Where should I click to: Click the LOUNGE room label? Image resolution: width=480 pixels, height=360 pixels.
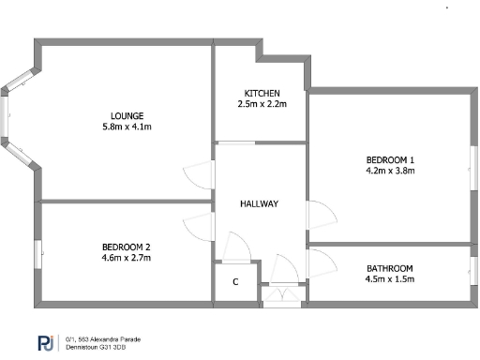tap(122, 115)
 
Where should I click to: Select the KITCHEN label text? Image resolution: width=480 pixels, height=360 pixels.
tap(262, 94)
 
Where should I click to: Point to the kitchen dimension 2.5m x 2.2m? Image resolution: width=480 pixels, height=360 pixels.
tap(262, 104)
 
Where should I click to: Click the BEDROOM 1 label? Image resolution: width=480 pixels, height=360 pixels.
tap(390, 160)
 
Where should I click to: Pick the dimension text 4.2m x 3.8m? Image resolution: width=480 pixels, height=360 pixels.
tap(390, 171)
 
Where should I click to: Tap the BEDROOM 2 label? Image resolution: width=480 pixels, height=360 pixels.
tap(126, 247)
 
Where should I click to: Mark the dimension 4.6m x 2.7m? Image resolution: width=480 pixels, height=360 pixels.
tap(126, 257)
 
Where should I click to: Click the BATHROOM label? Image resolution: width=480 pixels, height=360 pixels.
tap(389, 268)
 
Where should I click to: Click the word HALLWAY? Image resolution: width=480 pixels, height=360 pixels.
tap(259, 203)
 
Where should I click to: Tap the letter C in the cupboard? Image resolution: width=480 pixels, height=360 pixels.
tap(235, 282)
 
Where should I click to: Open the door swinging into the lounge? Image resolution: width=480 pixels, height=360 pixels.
tap(199, 174)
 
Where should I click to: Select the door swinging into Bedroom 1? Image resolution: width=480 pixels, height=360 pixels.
tap(321, 215)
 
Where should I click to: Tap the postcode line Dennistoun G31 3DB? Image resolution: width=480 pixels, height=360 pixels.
tap(103, 348)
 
